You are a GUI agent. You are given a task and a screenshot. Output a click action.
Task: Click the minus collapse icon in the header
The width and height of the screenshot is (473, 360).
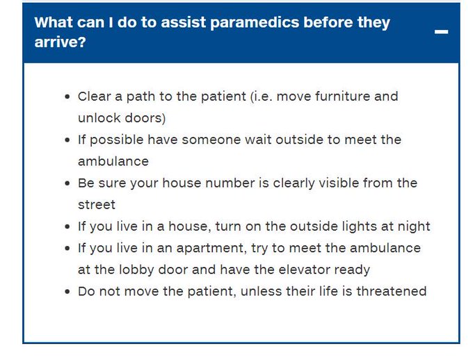click(441, 33)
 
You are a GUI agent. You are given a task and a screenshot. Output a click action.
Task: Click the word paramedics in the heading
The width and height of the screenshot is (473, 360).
click(229, 22)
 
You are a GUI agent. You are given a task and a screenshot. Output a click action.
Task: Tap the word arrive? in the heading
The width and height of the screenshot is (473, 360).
click(61, 42)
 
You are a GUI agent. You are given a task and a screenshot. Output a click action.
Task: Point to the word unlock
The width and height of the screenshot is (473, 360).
click(98, 118)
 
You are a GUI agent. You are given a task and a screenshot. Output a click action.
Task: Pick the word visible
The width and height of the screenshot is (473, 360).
click(338, 183)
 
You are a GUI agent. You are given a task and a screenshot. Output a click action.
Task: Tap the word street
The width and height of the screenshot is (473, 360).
click(97, 205)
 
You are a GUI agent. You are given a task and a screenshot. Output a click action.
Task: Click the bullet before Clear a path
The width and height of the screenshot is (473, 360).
click(67, 97)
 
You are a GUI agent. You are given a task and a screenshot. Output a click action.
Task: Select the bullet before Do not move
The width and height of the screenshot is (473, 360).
click(67, 292)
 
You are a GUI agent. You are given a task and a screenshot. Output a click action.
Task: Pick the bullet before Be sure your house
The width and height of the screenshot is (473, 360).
click(67, 184)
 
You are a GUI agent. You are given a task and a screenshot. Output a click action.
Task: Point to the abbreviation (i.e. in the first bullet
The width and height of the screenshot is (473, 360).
click(262, 97)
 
